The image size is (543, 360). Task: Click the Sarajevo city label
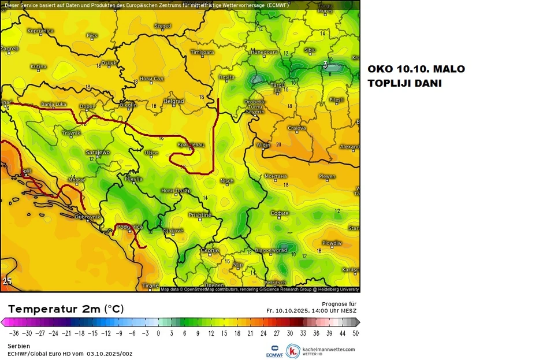pos(98,152)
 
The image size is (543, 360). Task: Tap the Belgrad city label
pos(174,101)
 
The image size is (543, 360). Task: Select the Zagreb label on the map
pos(9,49)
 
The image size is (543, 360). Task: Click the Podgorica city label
pos(130,227)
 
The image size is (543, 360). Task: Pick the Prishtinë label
pos(200,215)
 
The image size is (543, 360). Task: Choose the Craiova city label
pos(297,128)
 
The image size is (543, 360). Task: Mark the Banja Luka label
pos(53,105)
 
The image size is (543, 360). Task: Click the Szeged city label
pos(163,26)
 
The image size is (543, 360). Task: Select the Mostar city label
pos(76,180)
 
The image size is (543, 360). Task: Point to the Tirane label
pos(150,285)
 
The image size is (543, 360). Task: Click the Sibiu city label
pos(310,50)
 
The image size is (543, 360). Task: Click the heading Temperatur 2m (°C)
pos(66,309)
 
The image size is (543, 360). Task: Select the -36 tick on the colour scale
pos(13,333)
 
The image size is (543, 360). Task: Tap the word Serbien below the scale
pos(18,346)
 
